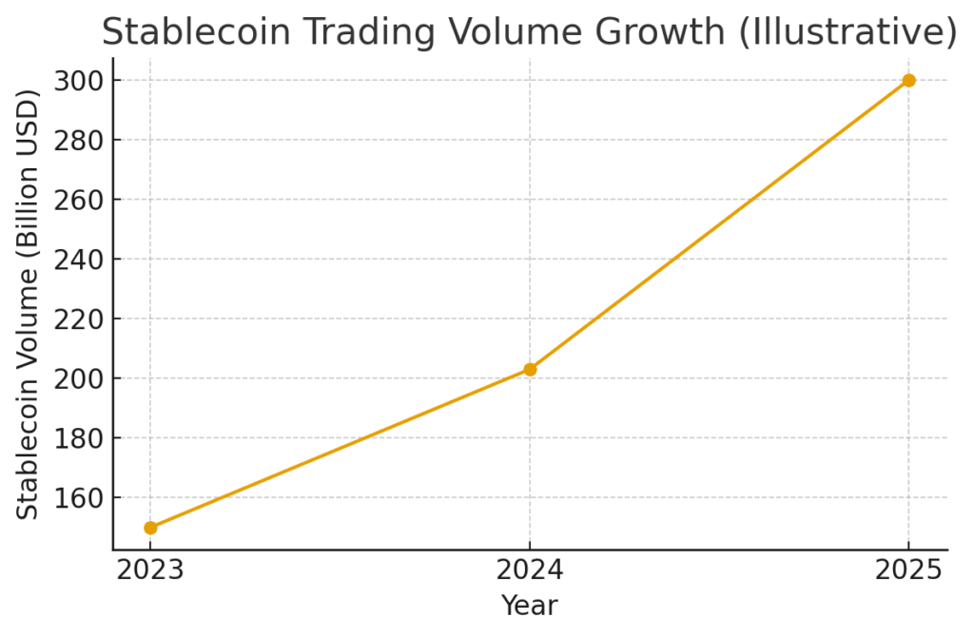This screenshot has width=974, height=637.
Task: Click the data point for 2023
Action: pyautogui.click(x=150, y=527)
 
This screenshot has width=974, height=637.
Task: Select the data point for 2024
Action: pyautogui.click(x=530, y=369)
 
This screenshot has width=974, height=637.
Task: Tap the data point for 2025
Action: pyautogui.click(x=908, y=81)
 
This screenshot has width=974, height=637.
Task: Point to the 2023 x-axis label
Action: pyautogui.click(x=150, y=570)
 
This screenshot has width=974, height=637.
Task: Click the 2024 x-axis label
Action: pyautogui.click(x=530, y=570)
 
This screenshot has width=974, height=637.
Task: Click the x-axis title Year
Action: pyautogui.click(x=529, y=606)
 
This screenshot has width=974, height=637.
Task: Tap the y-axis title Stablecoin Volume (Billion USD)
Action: pyautogui.click(x=29, y=303)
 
